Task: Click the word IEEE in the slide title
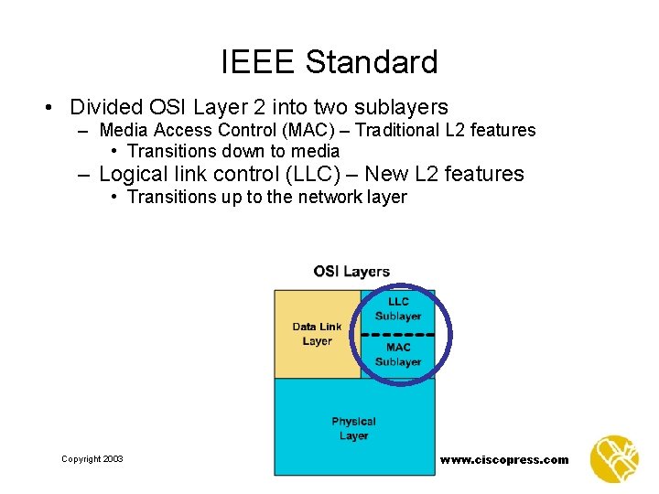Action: click(x=258, y=62)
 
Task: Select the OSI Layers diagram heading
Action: click(x=351, y=272)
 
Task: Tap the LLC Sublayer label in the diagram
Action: click(x=398, y=309)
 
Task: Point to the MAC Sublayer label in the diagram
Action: click(x=398, y=355)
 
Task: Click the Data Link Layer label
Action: click(x=317, y=334)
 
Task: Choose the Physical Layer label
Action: click(x=353, y=428)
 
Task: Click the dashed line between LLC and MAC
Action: click(x=398, y=333)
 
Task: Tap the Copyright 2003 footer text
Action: click(x=92, y=459)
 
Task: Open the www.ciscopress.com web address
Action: click(x=503, y=460)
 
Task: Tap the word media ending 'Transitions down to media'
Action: click(x=314, y=151)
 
